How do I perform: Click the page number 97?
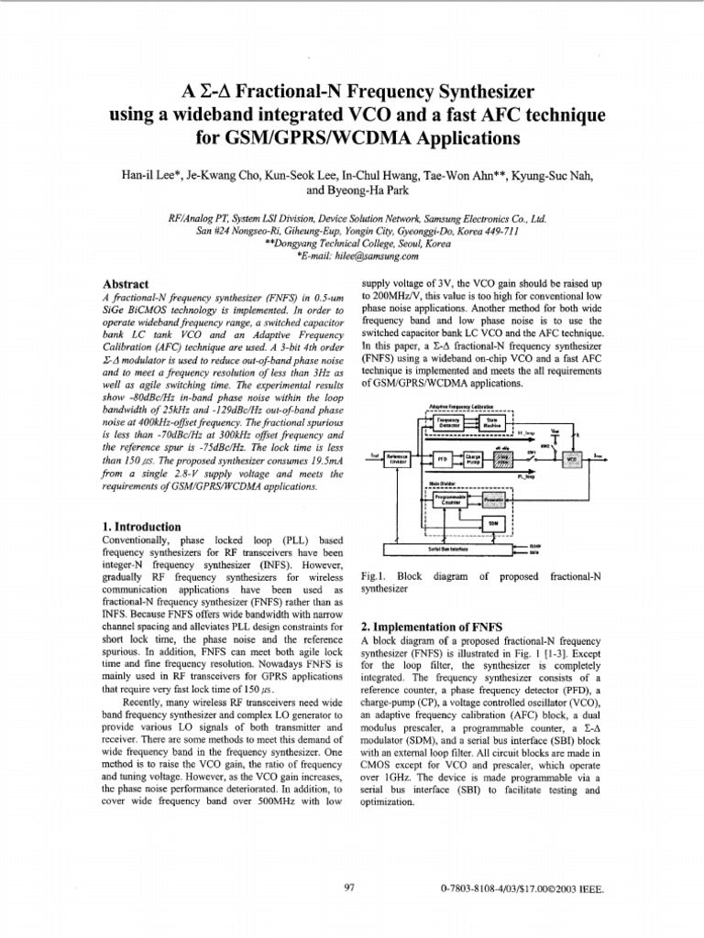pyautogui.click(x=348, y=888)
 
